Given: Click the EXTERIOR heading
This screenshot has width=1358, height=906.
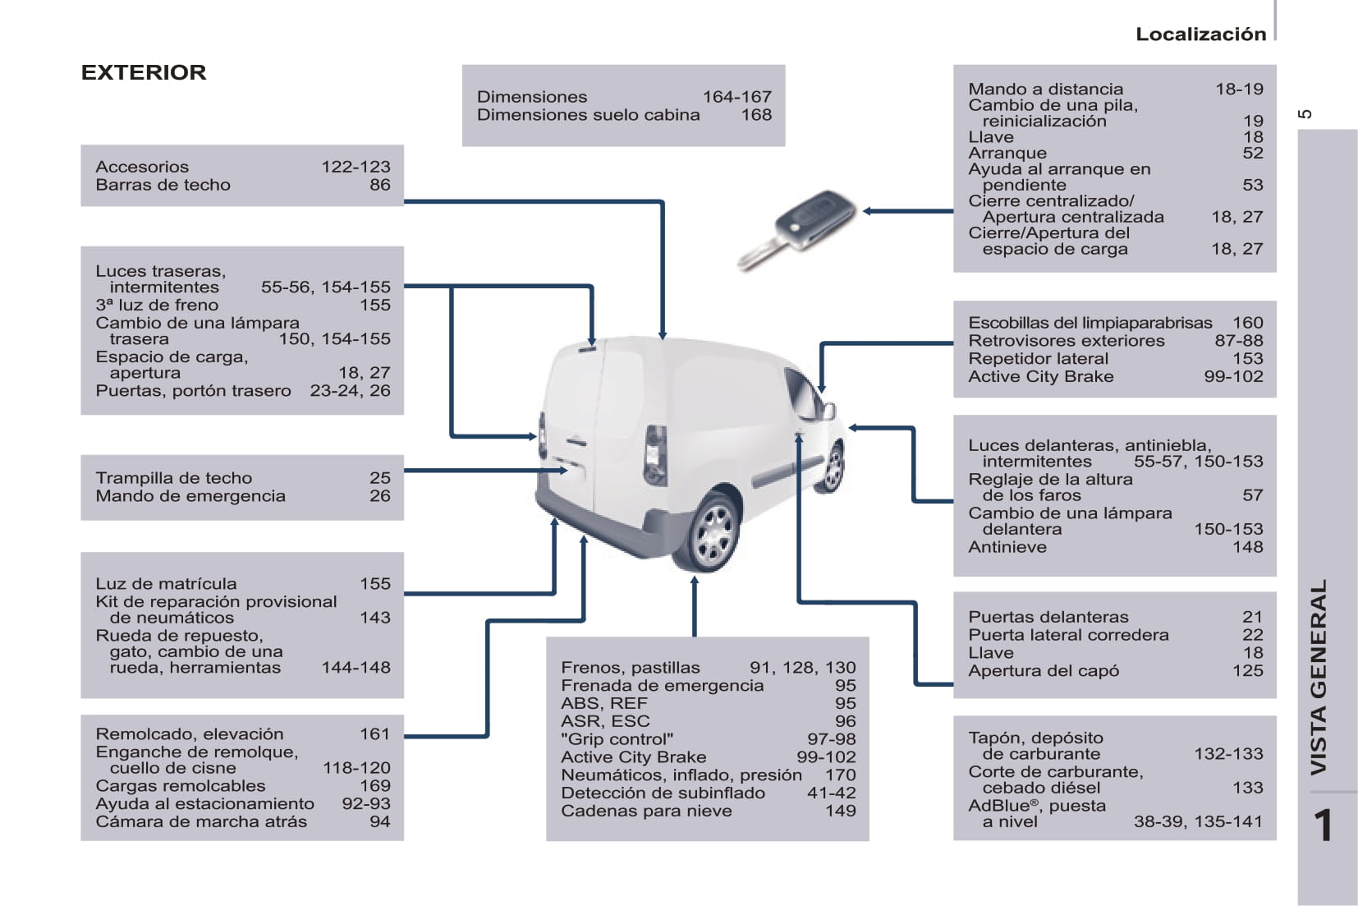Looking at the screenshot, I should tap(144, 72).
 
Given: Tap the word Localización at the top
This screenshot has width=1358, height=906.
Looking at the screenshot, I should tap(1200, 34).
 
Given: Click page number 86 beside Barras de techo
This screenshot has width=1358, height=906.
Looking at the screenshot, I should tap(379, 185).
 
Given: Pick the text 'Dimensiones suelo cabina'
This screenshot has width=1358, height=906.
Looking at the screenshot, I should tap(588, 115).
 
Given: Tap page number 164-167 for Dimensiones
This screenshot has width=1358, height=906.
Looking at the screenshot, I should tap(736, 97).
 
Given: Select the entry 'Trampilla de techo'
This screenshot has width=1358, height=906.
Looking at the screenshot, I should tap(173, 478).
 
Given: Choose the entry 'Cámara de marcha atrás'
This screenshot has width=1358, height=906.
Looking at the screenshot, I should tap(201, 821).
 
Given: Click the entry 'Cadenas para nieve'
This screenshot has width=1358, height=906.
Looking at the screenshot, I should tap(646, 811).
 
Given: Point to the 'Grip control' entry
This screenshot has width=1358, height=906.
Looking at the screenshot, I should tap(617, 739).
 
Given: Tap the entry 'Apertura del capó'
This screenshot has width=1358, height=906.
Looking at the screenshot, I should tap(1043, 671).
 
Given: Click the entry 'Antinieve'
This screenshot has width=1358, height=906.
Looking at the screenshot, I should tap(1007, 547).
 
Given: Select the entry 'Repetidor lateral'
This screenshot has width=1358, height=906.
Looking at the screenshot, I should tap(1038, 359).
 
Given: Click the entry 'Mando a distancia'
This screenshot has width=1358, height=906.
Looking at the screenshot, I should tap(1045, 89).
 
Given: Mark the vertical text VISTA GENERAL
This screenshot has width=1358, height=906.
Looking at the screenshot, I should tap(1318, 677).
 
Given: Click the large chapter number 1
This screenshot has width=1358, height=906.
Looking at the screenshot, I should tap(1323, 826).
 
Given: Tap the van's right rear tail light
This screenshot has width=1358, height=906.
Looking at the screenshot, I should tap(655, 454).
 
